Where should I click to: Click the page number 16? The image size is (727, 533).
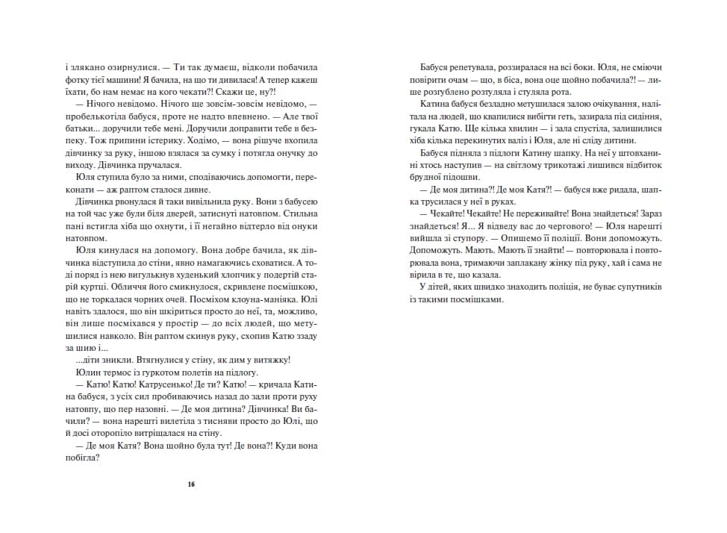tap(191, 484)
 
